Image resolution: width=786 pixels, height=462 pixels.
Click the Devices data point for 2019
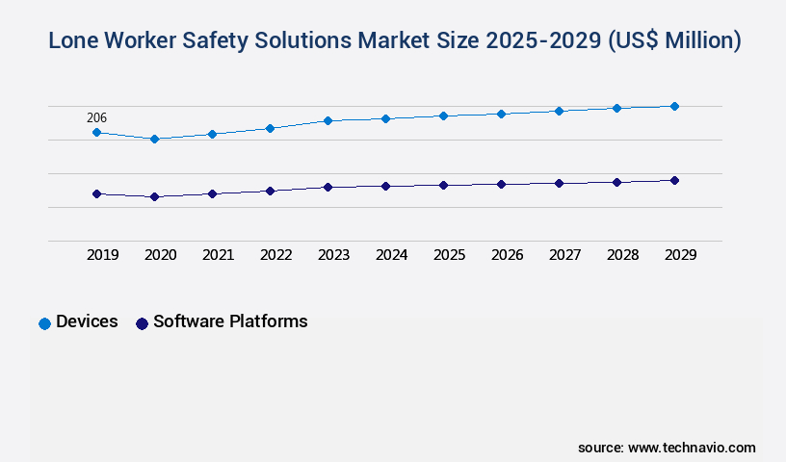pyautogui.click(x=96, y=132)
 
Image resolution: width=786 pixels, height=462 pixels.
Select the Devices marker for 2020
pyautogui.click(x=154, y=139)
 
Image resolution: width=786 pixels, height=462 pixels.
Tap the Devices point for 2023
pyautogui.click(x=327, y=120)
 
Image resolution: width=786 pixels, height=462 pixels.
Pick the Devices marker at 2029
pyautogui.click(x=674, y=106)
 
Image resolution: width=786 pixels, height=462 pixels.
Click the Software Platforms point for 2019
pyautogui.click(x=96, y=193)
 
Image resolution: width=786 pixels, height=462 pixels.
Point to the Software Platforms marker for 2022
pyautogui.click(x=270, y=191)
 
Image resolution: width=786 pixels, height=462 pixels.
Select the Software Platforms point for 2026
pyautogui.click(x=501, y=184)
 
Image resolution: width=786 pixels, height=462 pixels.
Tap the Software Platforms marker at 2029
pyautogui.click(x=674, y=180)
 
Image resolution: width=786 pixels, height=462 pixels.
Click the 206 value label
pyautogui.click(x=96, y=118)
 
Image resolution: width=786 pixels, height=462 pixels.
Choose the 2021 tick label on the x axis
pyautogui.click(x=218, y=255)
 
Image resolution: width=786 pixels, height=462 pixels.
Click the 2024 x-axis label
pyautogui.click(x=391, y=255)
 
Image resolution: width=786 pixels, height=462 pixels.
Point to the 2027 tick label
pyautogui.click(x=564, y=255)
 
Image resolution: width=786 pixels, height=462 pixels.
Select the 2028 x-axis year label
pyautogui.click(x=622, y=255)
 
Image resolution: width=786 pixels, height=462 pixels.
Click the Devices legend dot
pyautogui.click(x=44, y=323)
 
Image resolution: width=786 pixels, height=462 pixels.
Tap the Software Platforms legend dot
pyautogui.click(x=142, y=323)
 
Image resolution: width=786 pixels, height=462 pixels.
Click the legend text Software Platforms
pyautogui.click(x=230, y=321)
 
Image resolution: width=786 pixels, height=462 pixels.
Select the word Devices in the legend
pyautogui.click(x=87, y=321)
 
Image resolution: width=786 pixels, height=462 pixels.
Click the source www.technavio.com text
pyautogui.click(x=667, y=448)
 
